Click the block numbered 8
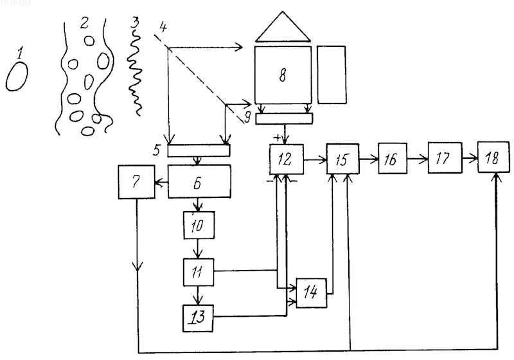[283, 75]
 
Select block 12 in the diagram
[286, 159]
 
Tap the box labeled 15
[342, 159]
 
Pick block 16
[393, 158]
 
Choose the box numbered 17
[445, 157]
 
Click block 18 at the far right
[493, 157]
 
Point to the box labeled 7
[136, 182]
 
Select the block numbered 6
[199, 181]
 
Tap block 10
[199, 225]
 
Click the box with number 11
[199, 272]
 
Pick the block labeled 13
[198, 318]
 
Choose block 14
[312, 293]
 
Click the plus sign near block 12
[278, 138]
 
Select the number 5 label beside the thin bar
[157, 150]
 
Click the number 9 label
[248, 117]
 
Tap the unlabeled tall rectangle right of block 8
[332, 75]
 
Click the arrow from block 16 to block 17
[418, 159]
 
